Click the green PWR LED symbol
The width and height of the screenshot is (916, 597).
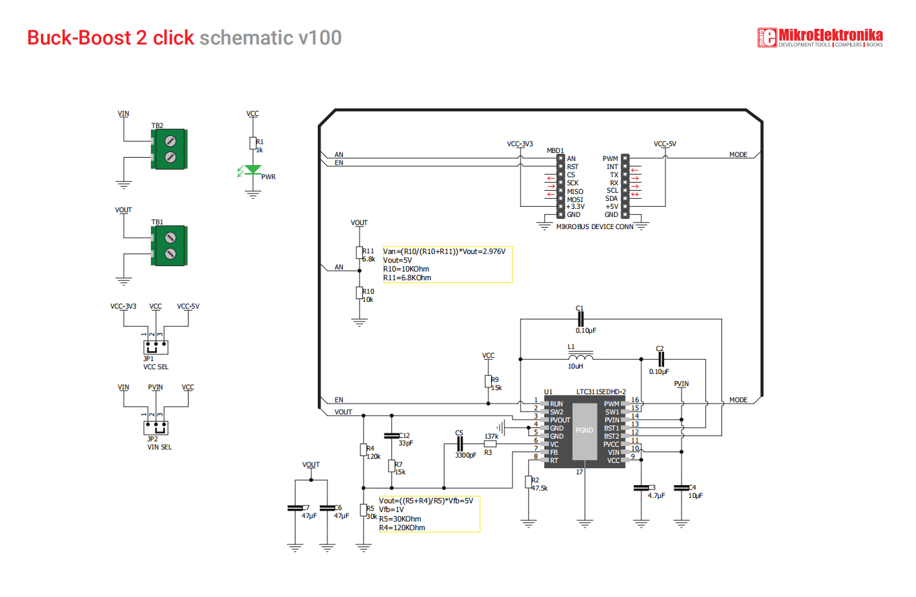pyautogui.click(x=253, y=170)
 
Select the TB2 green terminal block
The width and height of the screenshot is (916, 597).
pyautogui.click(x=169, y=149)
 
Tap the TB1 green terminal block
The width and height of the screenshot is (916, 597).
pyautogui.click(x=169, y=245)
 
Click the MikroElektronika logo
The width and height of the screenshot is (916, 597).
pyautogui.click(x=820, y=38)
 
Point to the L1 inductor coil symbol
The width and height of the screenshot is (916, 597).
pyautogui.click(x=581, y=357)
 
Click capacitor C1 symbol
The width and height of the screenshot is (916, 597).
pyautogui.click(x=581, y=319)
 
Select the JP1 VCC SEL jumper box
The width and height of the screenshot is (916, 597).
pyautogui.click(x=156, y=348)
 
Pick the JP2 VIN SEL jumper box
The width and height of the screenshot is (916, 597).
pyautogui.click(x=156, y=428)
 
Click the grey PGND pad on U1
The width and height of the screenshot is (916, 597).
pyautogui.click(x=585, y=432)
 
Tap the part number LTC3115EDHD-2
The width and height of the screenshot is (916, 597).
pyautogui.click(x=601, y=391)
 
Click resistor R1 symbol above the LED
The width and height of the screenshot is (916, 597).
pyautogui.click(x=253, y=144)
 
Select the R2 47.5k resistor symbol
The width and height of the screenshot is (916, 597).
pyautogui.click(x=528, y=482)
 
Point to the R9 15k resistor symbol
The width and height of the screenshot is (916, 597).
pyautogui.click(x=488, y=381)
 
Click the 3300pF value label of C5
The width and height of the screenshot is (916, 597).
pyautogui.click(x=466, y=455)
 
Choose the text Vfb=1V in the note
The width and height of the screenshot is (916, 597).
pyautogui.click(x=391, y=510)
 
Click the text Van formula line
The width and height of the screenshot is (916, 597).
pyautogui.click(x=444, y=251)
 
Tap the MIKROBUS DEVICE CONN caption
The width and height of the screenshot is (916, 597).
pyautogui.click(x=595, y=226)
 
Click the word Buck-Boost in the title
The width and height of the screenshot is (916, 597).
pyautogui.click(x=79, y=38)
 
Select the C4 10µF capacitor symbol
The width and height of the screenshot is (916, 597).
pyautogui.click(x=682, y=488)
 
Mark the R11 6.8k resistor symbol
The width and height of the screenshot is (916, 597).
pyautogui.click(x=360, y=253)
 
